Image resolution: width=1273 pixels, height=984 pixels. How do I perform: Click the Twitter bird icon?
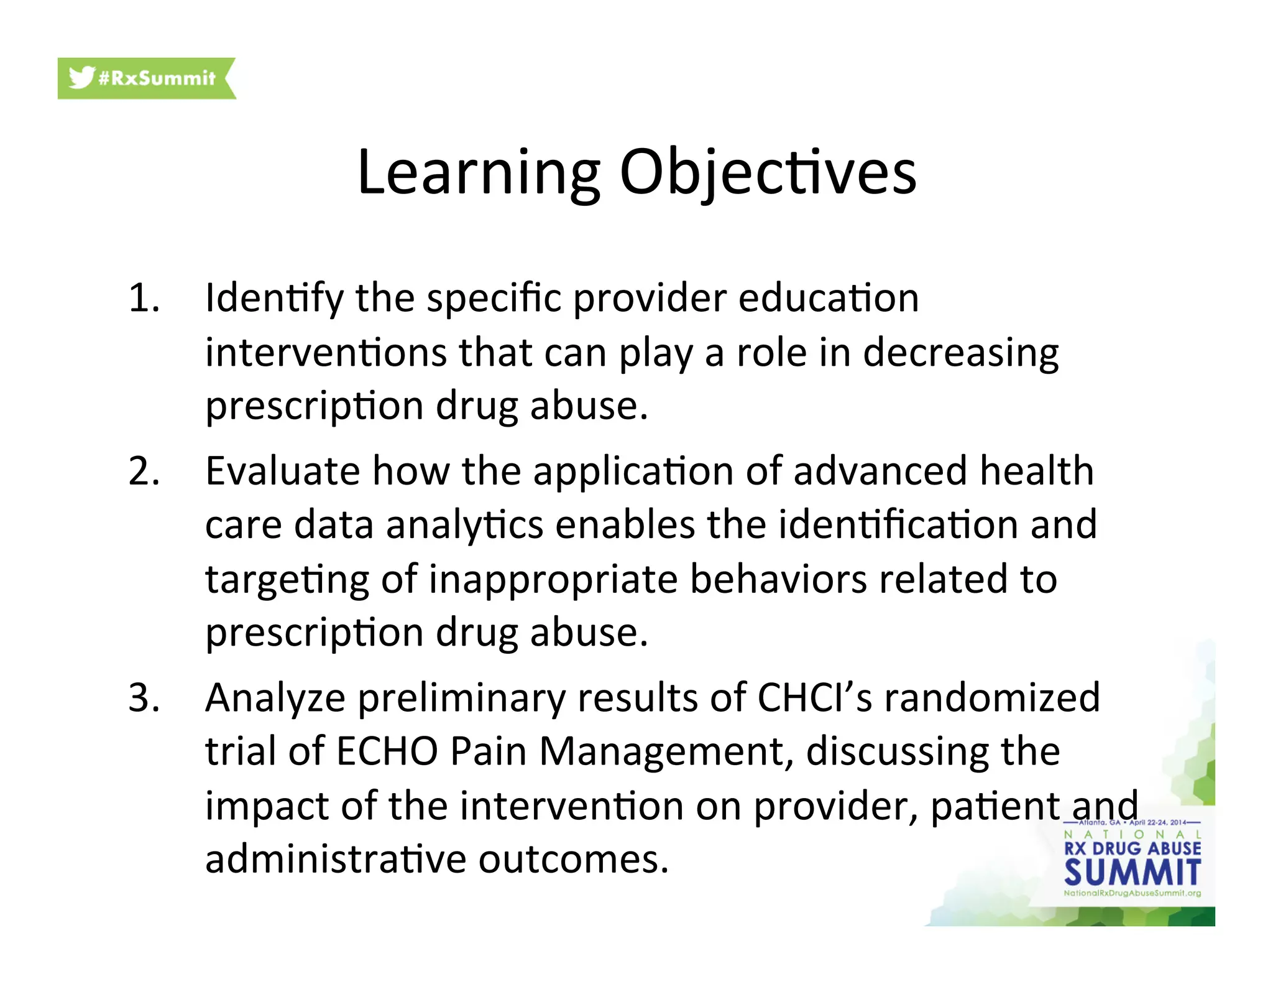(x=81, y=77)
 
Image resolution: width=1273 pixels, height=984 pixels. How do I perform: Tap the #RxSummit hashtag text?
(x=157, y=78)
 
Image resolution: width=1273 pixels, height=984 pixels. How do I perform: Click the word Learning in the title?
(x=478, y=174)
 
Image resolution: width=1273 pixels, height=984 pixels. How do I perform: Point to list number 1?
(x=144, y=298)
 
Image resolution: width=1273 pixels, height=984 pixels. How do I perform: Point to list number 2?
(x=144, y=471)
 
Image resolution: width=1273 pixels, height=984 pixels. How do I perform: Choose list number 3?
(x=144, y=698)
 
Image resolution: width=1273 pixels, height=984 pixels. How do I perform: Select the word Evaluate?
(x=282, y=471)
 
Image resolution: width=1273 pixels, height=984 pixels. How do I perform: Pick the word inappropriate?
(x=553, y=580)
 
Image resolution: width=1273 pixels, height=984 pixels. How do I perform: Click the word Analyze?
(x=275, y=699)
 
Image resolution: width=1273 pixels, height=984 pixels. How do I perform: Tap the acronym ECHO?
(x=387, y=751)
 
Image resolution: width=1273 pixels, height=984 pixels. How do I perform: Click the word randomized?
(x=992, y=698)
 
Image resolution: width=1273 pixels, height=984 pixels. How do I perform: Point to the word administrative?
(x=336, y=860)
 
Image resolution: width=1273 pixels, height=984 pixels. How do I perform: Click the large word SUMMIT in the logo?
(x=1132, y=872)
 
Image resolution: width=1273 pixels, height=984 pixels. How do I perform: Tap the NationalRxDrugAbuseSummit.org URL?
(x=1132, y=893)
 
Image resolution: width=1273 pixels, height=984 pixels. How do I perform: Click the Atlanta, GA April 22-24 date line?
(x=1132, y=822)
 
